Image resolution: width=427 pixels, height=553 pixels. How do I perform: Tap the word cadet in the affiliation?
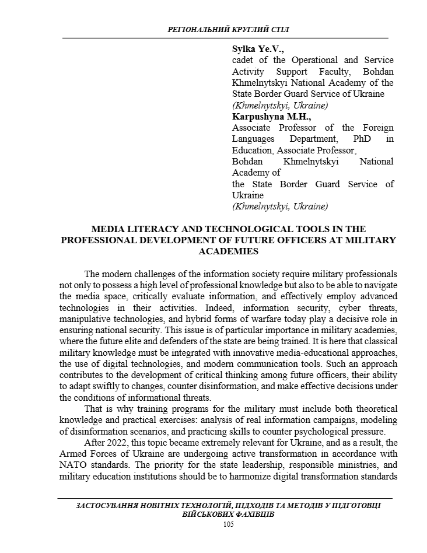(x=244, y=60)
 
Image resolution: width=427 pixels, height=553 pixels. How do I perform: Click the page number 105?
(x=229, y=524)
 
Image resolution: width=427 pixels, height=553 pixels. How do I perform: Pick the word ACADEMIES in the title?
(x=228, y=251)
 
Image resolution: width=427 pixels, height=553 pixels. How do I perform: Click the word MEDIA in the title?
(x=111, y=229)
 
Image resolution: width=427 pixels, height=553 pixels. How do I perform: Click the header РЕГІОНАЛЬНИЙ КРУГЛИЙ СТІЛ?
(x=228, y=29)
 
